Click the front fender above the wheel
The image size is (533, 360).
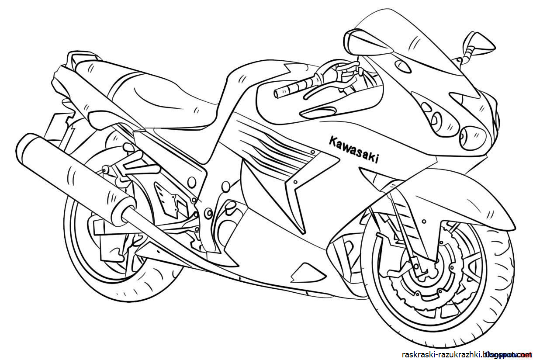coord(463,197)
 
